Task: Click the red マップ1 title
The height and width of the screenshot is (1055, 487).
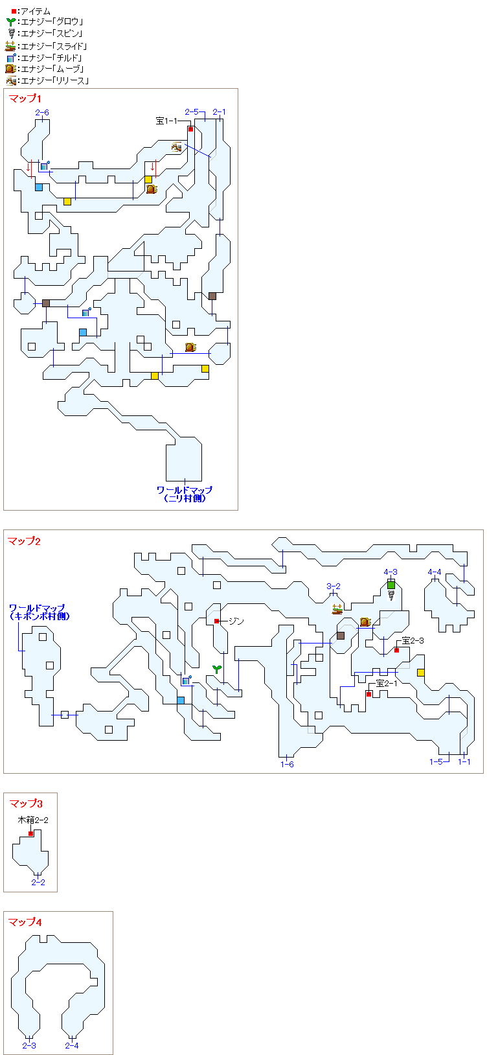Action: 25,99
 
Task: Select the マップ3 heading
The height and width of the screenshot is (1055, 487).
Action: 26,804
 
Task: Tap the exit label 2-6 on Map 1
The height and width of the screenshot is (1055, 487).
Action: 42,113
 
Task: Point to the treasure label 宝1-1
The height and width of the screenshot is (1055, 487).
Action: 166,121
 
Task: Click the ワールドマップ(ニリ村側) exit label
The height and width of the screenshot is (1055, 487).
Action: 185,494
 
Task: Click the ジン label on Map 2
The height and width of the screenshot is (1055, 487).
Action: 236,621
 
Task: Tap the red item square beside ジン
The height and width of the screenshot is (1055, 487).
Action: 217,621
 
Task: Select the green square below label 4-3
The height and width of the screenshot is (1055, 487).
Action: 391,585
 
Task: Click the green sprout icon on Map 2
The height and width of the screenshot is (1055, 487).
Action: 217,668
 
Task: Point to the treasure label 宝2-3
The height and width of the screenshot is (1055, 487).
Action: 413,640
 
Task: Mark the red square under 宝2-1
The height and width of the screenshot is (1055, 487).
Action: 368,694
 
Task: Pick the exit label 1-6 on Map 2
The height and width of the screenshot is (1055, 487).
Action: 287,765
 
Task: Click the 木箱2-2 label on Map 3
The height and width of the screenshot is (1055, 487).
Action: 33,820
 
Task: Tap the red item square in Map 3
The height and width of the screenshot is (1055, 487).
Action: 31,833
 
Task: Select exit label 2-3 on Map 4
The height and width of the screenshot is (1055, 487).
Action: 29,1045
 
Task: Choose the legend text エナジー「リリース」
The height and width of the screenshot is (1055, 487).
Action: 55,81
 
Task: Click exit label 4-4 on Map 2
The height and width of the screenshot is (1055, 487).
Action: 434,572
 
